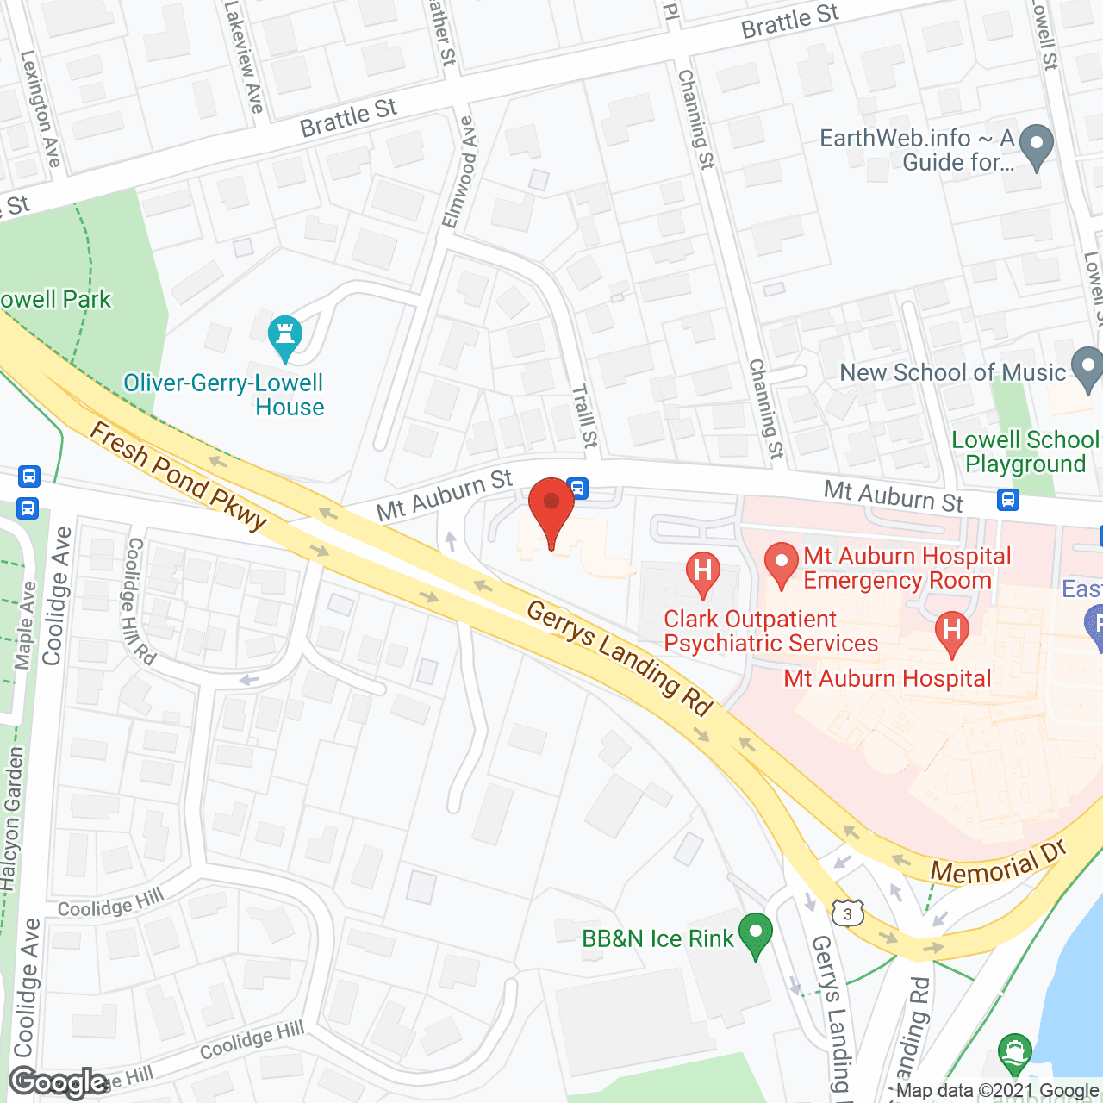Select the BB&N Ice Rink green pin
coord(756,934)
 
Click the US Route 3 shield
coord(848,913)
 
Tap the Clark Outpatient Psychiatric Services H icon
coord(703,572)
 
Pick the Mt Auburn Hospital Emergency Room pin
coord(782,564)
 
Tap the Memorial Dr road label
coord(1000,862)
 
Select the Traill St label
coord(585,415)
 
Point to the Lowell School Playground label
coord(1025,452)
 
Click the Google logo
coord(58,1082)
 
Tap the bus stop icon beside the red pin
coord(578,489)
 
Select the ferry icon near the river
coord(1015,1052)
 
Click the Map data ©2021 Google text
coord(997,1090)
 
